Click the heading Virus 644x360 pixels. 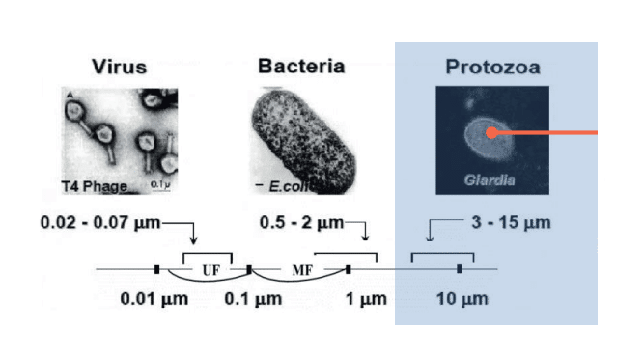119,67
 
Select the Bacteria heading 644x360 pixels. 301,66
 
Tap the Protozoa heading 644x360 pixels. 492,67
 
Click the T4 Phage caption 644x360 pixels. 95,187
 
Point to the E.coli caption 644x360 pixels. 289,187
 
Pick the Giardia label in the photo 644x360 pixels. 490,180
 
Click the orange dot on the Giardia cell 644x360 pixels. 491,132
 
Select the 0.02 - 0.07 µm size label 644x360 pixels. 100,223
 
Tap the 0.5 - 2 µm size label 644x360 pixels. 301,223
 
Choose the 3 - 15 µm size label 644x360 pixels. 512,223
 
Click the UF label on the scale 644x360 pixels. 211,270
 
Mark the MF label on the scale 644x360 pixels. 303,270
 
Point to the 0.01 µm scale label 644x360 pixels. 154,299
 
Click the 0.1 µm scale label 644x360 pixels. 253,299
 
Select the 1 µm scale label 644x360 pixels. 366,299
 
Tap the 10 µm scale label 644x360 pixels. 462,299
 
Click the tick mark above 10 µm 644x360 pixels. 460,269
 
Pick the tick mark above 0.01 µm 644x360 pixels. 156,269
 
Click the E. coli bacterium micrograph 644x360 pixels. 303,141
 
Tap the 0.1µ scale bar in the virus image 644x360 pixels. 160,189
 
